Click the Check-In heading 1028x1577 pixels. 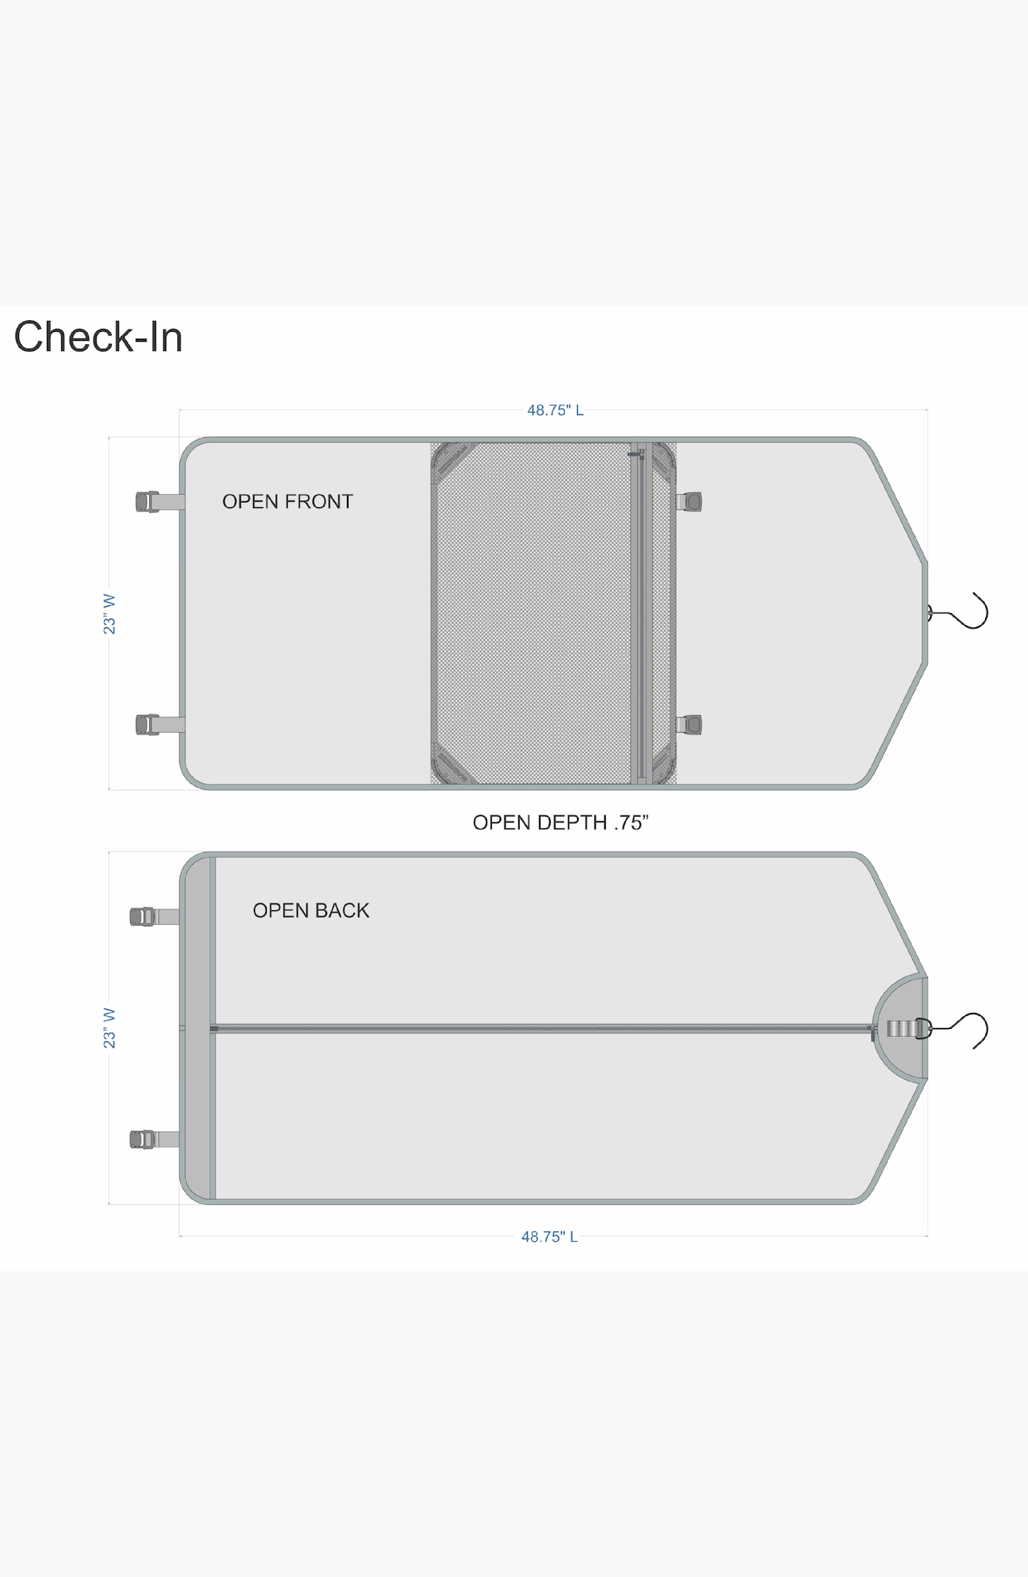tap(98, 337)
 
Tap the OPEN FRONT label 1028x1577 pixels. tap(287, 502)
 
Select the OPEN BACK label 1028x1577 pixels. tap(311, 910)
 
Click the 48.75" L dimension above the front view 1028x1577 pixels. tap(555, 410)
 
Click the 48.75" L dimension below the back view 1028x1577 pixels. tap(549, 1237)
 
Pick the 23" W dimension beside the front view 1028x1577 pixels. tap(109, 614)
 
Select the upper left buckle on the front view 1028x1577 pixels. tap(147, 502)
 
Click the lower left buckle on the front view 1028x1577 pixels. tap(147, 724)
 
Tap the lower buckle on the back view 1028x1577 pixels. tap(142, 1139)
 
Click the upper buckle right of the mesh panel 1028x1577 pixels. tap(692, 502)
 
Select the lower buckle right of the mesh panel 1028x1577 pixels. tap(692, 724)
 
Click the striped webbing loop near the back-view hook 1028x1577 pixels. tap(899, 1029)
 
